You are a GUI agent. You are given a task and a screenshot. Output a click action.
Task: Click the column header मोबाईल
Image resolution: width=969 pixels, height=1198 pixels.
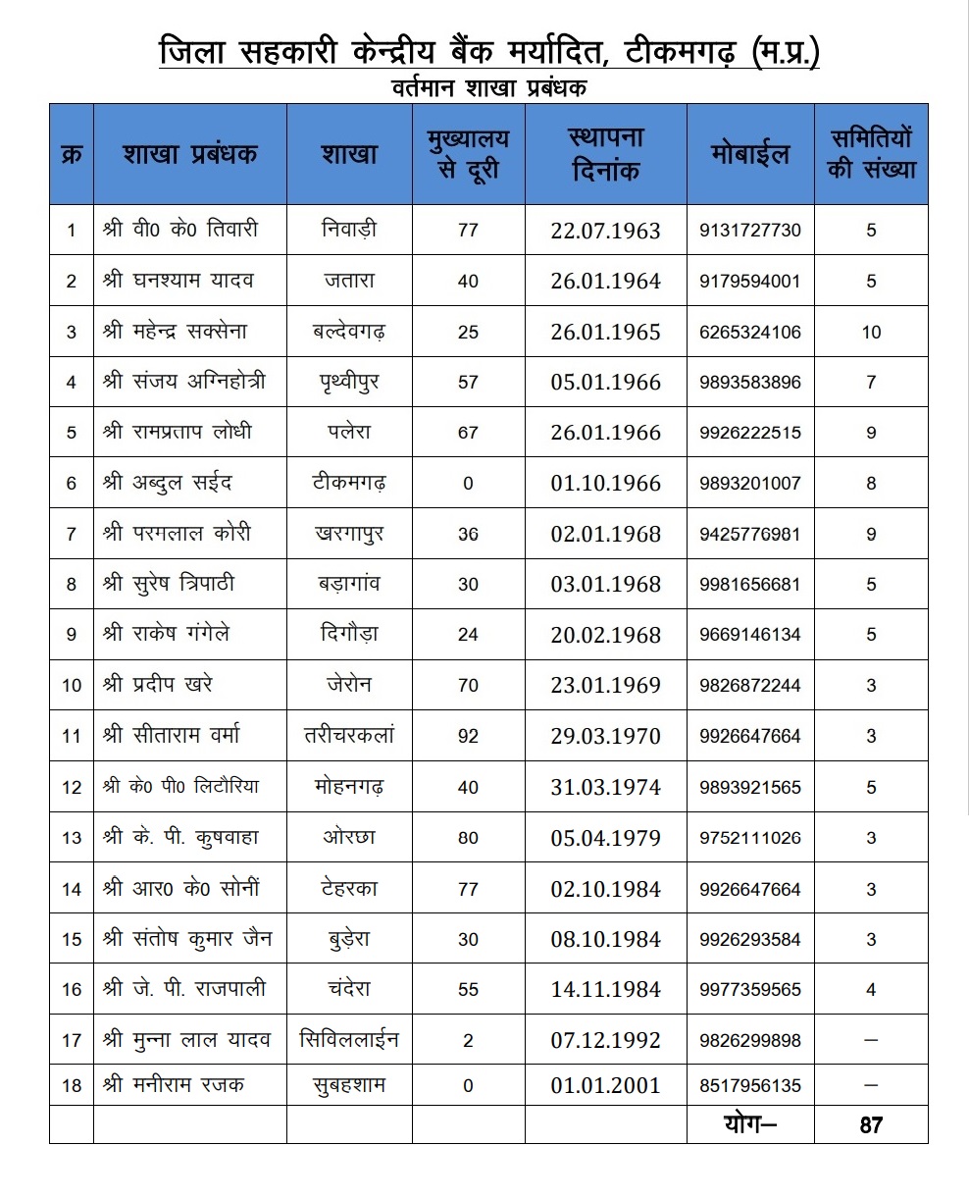point(750,155)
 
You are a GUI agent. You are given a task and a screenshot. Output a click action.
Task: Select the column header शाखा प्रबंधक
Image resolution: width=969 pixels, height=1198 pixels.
point(189,155)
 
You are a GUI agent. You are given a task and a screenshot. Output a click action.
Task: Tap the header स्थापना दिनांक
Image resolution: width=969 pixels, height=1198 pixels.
point(605,154)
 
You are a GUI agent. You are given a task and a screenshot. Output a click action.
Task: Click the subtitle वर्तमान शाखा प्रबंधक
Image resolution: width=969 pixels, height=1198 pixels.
point(487,88)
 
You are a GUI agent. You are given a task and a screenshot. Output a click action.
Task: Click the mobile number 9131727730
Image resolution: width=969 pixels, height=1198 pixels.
point(750,231)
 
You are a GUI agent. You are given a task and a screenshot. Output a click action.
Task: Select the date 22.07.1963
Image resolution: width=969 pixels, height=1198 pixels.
point(605,232)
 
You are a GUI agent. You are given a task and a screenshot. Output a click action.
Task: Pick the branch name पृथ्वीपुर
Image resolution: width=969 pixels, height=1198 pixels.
point(349,382)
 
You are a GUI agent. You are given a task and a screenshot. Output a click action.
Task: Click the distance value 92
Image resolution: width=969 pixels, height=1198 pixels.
point(468,736)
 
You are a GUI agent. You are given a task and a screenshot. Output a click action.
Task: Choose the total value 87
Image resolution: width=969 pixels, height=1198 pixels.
point(871,1124)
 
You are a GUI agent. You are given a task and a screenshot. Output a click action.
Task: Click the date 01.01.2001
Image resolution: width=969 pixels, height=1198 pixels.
point(605,1086)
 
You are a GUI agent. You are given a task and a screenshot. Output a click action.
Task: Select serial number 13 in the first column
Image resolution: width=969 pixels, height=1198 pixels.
point(72,838)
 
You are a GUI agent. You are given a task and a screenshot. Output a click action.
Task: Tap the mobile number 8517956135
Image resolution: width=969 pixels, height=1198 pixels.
point(750,1086)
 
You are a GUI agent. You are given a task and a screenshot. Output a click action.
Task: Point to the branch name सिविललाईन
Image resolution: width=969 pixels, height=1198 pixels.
point(349,1039)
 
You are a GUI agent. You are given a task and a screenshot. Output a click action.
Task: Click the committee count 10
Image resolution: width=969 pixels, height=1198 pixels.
point(871,332)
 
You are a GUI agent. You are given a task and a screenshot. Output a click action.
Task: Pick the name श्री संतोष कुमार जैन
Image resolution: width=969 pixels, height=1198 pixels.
point(186,939)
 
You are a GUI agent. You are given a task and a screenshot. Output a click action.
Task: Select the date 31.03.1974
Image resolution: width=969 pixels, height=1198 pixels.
point(605,787)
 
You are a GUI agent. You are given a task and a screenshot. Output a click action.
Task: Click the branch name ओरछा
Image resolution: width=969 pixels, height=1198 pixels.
point(349,838)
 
